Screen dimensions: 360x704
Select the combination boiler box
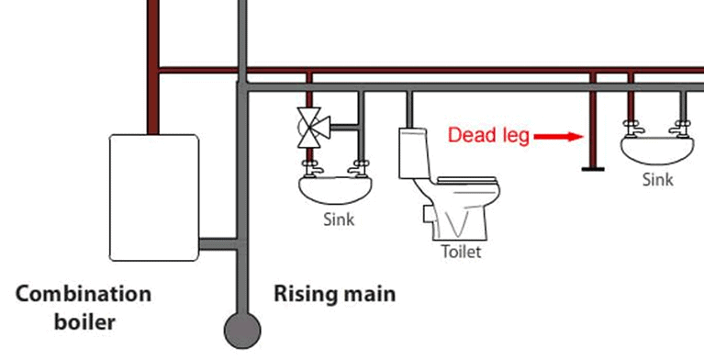pos(153,196)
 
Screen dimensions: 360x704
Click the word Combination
pos(84,295)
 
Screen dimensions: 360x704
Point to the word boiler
pos(85,323)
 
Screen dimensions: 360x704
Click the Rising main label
pos(335,295)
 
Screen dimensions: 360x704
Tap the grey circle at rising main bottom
pos(242,326)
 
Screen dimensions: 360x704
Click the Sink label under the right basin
pos(657,180)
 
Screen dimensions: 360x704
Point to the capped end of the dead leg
pos(593,168)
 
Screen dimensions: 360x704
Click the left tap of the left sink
pos(309,166)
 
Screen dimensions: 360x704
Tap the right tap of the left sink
pos(360,166)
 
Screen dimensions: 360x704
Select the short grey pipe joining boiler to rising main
pos(217,244)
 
